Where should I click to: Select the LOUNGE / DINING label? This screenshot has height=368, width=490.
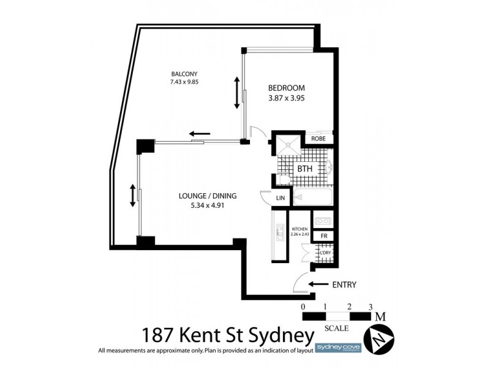208,196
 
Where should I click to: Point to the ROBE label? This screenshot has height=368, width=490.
318,139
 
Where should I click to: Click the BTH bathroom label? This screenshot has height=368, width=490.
305,168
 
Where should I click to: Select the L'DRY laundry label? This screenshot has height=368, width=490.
325,252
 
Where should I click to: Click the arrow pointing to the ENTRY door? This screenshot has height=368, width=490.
319,284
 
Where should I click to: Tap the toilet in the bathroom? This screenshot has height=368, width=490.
282,178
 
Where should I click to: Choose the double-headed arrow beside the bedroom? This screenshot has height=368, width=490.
237,93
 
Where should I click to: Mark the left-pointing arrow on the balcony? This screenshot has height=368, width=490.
200,133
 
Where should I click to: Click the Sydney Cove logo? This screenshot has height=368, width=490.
335,347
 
